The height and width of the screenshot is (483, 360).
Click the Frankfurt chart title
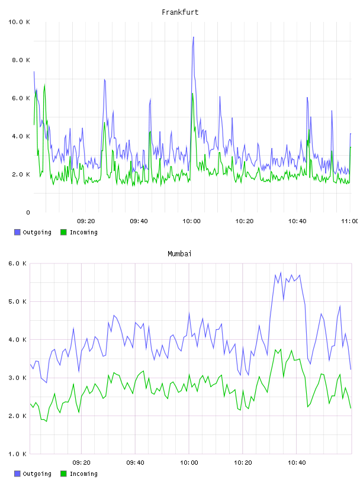click(180, 12)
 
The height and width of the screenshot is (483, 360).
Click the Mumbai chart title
click(179, 254)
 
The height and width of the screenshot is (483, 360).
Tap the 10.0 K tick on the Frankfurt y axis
click(19, 22)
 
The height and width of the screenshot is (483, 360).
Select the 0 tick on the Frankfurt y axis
click(28, 212)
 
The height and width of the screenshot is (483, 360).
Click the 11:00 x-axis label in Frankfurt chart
click(349, 221)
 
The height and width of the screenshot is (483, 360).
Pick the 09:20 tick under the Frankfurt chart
click(86, 221)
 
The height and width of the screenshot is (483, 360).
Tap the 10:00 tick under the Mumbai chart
click(189, 463)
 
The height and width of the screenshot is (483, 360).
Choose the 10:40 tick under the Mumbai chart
click(297, 463)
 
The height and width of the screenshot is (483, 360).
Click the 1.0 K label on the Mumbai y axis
click(18, 454)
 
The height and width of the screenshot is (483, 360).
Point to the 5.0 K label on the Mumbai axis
click(18, 301)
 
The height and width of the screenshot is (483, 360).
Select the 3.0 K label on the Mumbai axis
click(18, 378)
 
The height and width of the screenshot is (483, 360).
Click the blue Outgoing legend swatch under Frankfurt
click(17, 232)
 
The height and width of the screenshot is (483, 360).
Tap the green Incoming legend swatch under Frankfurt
click(63, 232)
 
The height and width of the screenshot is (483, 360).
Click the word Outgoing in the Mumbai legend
click(37, 474)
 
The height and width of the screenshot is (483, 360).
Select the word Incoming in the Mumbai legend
click(83, 474)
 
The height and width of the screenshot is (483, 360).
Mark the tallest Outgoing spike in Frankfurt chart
click(193, 37)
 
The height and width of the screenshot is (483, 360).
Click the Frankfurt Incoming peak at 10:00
click(192, 94)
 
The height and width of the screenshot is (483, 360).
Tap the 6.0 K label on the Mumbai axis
click(18, 263)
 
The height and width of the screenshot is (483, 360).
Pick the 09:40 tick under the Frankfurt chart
click(139, 221)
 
